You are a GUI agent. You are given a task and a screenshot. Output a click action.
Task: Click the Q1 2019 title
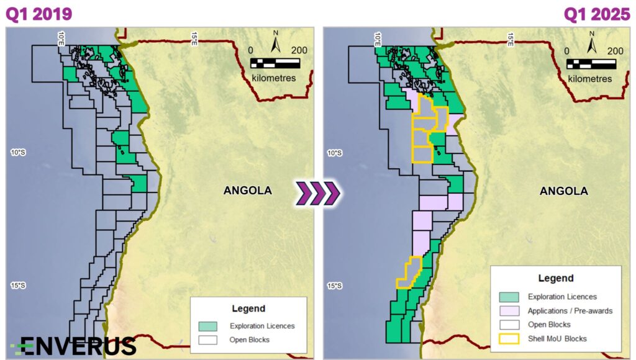click(39, 14)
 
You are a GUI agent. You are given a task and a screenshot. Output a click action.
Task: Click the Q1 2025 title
click(597, 14)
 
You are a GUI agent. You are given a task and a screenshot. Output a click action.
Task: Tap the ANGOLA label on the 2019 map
click(247, 191)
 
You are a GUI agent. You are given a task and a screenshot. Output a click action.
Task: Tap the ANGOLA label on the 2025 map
click(564, 191)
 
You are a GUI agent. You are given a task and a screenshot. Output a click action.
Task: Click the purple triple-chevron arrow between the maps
click(319, 193)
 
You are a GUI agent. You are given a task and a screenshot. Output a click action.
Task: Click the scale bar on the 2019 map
click(275, 63)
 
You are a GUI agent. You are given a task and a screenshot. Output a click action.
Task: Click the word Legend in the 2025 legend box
click(556, 278)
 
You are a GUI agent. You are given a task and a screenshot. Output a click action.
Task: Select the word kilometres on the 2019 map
click(274, 79)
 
